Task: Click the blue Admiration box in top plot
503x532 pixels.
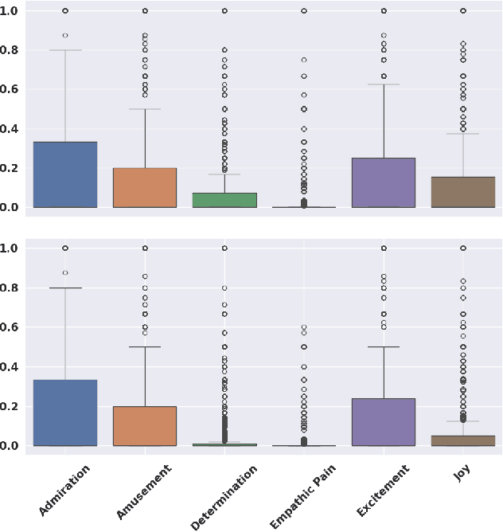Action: [65, 174]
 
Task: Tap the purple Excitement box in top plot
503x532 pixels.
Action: [384, 182]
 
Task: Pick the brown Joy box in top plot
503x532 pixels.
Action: [463, 192]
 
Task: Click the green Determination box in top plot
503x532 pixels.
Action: [224, 200]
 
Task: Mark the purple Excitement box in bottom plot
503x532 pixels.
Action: [384, 421]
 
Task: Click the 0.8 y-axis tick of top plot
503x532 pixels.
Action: [10, 50]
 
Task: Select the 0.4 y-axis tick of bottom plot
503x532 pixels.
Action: [10, 366]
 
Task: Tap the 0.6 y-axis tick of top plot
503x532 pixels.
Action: [10, 89]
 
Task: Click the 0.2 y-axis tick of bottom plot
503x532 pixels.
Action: [10, 406]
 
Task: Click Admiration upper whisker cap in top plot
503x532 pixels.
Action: [65, 50]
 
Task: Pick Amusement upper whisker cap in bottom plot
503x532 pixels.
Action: [145, 347]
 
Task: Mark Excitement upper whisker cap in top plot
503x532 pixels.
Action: [384, 84]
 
